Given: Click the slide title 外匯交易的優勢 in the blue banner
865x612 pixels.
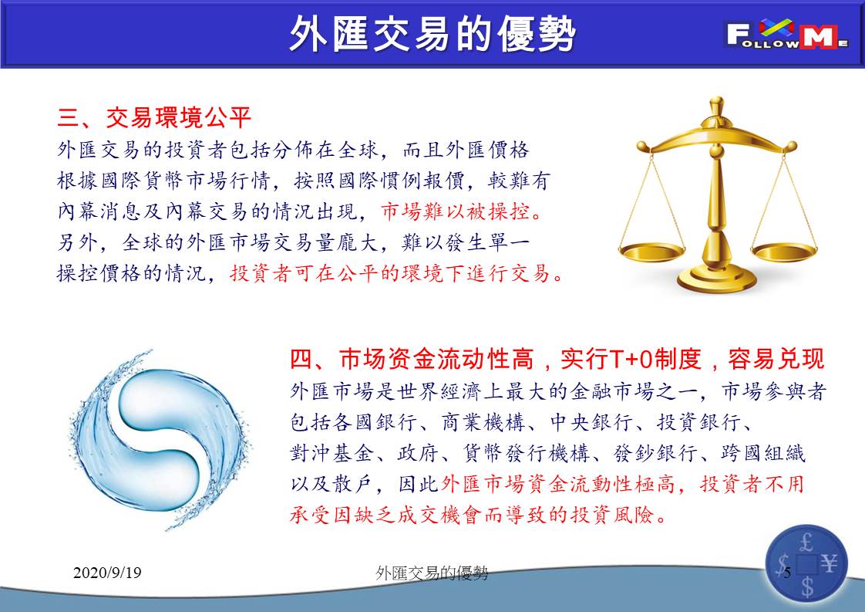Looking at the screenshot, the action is pyautogui.click(x=432, y=34).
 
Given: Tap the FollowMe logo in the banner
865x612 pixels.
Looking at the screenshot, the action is pyautogui.click(x=786, y=34).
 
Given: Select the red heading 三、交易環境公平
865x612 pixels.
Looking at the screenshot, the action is pyautogui.click(x=154, y=117).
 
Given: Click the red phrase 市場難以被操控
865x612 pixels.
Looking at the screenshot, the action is pyautogui.click(x=456, y=211).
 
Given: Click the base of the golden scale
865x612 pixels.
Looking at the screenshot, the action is pyautogui.click(x=716, y=278).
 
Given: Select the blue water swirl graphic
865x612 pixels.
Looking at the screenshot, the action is pyautogui.click(x=160, y=440).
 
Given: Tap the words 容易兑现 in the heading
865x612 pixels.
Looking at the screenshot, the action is pyautogui.click(x=776, y=360).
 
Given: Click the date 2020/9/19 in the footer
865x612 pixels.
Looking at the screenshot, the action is pyautogui.click(x=107, y=572).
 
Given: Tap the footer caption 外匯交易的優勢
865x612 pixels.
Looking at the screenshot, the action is pyautogui.click(x=432, y=573).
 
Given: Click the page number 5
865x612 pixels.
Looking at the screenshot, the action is pyautogui.click(x=787, y=572).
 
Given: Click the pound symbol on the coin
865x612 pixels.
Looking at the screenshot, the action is pyautogui.click(x=806, y=542).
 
